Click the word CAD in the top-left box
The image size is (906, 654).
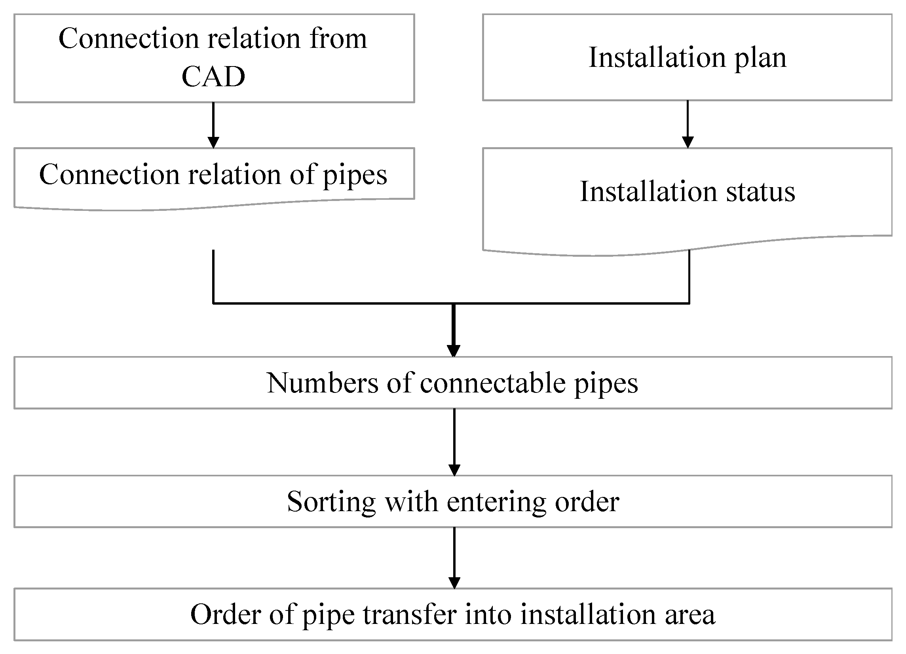213,77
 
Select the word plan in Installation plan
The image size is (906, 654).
761,58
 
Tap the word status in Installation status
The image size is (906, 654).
761,192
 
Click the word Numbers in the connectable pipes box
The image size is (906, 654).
322,383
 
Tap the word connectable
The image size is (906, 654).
492,383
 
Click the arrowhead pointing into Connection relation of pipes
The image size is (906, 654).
213,142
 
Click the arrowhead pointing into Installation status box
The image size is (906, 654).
688,142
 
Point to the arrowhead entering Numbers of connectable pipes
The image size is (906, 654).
454,351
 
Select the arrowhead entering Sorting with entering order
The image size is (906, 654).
454,470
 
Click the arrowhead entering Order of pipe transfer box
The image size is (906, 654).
454,582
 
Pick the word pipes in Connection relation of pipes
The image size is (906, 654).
355,175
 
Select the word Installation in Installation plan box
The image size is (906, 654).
657,58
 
